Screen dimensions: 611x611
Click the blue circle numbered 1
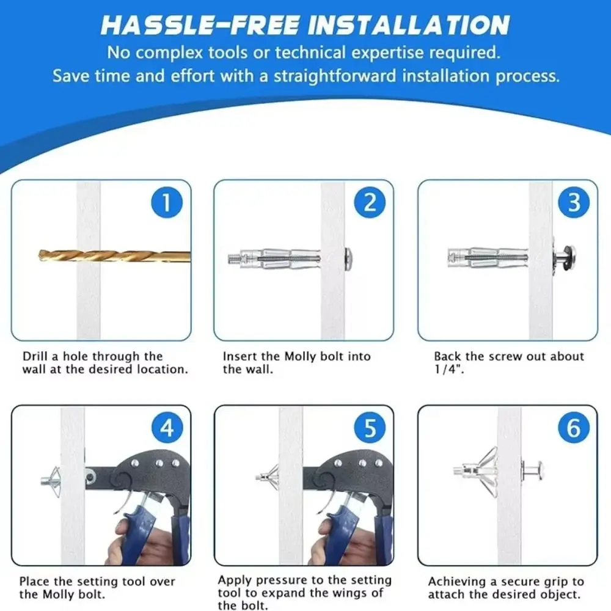pyautogui.click(x=166, y=203)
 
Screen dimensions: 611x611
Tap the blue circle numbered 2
pyautogui.click(x=370, y=203)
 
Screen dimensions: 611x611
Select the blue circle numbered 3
pyautogui.click(x=574, y=203)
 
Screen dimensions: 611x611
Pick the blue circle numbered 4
pyautogui.click(x=166, y=428)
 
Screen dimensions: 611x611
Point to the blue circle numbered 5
pyautogui.click(x=370, y=428)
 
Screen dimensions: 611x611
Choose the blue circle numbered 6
pyautogui.click(x=574, y=428)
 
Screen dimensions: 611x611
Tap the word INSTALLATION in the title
pyautogui.click(x=408, y=25)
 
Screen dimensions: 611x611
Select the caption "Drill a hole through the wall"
pyautogui.click(x=105, y=363)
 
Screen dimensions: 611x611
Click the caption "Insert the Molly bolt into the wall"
pyautogui.click(x=296, y=363)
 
